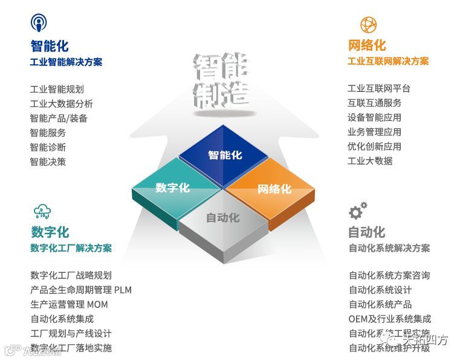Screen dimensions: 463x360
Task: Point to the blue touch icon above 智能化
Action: [x=39, y=24]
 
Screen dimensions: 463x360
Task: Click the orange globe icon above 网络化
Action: [x=368, y=24]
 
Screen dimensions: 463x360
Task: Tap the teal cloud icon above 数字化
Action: [x=42, y=211]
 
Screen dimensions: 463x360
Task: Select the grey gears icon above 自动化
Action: [x=357, y=211]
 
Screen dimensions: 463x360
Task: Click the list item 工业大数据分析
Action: [x=61, y=103]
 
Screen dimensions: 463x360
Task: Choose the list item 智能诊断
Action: [x=48, y=147]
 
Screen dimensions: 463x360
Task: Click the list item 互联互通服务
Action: [x=374, y=103]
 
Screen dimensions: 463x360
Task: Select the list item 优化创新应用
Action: [x=374, y=146]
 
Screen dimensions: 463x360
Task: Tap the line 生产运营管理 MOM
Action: [x=69, y=304]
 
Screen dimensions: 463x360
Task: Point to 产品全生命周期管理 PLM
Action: [x=80, y=290]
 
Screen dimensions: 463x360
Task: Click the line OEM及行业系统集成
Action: [x=389, y=319]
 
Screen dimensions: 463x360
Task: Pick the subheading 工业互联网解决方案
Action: [x=388, y=61]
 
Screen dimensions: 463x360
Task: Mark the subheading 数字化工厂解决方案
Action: [x=71, y=248]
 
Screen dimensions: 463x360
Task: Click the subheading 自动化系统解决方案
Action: [x=389, y=248]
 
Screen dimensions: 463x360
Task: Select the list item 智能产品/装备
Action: [x=59, y=118]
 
